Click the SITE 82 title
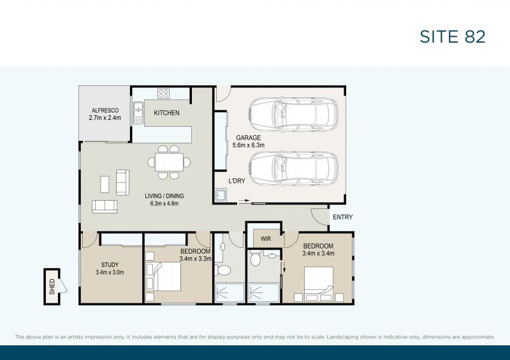[x=452, y=36]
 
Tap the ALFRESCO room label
[x=104, y=110]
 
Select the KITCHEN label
[x=166, y=113]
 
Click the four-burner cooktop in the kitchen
[x=163, y=94]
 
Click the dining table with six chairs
[x=170, y=162]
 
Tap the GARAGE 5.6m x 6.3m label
[x=249, y=141]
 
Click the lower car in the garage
[x=293, y=168]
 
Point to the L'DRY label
[x=238, y=181]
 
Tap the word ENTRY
[x=342, y=217]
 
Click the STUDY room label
[x=110, y=265]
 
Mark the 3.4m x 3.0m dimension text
[x=110, y=273]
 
